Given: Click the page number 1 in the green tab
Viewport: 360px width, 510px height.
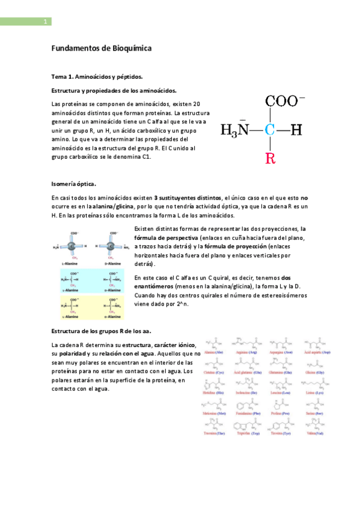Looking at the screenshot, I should tap(45, 22).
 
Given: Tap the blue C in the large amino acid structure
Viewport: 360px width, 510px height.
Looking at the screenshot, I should tap(270, 129).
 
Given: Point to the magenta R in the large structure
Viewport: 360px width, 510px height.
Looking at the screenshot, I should tap(270, 159).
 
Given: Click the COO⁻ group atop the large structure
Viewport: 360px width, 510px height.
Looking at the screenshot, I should tap(285, 101).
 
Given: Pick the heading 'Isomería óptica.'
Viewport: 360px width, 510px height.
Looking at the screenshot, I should tap(74, 183).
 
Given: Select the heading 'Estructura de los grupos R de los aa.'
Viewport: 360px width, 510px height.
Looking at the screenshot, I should tap(101, 331).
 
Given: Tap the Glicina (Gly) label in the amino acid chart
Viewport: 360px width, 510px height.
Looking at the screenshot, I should tap(318, 372).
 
